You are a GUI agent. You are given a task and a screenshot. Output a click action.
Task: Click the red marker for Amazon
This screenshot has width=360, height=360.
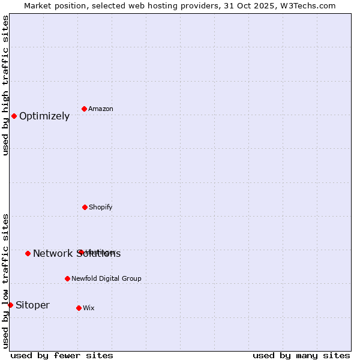pos(85,109)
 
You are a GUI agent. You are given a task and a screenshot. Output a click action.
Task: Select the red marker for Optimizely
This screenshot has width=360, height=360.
pos(14,116)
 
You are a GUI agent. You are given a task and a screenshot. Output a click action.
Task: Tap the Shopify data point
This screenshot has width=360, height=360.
pos(85,207)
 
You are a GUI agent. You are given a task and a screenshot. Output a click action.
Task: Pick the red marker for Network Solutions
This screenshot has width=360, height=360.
pos(28,253)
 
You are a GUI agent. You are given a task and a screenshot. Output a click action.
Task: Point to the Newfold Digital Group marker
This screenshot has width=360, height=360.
pos(67,278)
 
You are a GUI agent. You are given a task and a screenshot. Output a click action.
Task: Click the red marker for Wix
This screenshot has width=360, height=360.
pos(79,308)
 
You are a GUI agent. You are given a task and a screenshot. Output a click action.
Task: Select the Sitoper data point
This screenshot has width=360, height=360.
pos(10,305)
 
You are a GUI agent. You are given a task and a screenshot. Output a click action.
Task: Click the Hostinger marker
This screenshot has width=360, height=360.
pos(80,252)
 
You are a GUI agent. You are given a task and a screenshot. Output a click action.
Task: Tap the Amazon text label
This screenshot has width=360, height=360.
pos(101,109)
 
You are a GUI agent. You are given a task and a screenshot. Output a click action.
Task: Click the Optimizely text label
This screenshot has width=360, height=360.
pos(44,116)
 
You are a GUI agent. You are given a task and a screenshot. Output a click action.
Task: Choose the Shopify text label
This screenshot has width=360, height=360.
pos(101,207)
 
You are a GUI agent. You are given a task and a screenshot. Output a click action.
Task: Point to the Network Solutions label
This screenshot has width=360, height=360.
pos(77,253)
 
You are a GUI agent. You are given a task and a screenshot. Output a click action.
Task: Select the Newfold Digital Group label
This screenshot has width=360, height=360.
pos(107,278)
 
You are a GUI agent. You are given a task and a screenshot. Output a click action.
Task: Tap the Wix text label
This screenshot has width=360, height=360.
pos(89,308)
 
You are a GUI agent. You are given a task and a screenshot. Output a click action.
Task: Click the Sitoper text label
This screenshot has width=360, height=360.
pos(32,305)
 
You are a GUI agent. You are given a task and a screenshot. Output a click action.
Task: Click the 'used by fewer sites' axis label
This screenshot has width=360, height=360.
pos(62,355)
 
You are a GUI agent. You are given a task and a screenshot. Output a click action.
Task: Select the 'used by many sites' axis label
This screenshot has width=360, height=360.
pos(301,355)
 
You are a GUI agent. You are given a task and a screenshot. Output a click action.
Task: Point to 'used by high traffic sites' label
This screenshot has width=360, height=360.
pos(5,85)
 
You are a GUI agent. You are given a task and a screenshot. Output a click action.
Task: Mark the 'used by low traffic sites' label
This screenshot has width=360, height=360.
pos(5,281)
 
